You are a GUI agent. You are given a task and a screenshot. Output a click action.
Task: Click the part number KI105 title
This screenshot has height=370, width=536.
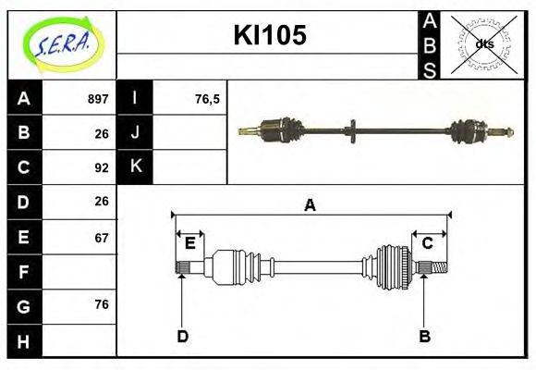click(269, 36)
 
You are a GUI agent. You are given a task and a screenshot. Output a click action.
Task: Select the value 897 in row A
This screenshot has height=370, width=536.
click(98, 99)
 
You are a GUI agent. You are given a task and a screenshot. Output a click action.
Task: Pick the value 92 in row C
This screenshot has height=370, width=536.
click(102, 167)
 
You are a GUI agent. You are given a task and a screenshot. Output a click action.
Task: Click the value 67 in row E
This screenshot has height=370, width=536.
click(102, 237)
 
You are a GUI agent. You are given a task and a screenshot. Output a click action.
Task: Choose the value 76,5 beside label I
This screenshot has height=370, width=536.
click(208, 99)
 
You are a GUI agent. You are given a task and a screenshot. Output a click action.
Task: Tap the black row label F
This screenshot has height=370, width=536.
click(23, 272)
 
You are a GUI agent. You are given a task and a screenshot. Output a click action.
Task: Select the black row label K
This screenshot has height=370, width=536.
click(135, 166)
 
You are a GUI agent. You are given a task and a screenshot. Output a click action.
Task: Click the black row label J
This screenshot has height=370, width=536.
click(135, 132)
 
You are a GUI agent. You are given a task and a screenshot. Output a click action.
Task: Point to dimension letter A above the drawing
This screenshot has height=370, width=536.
click(311, 205)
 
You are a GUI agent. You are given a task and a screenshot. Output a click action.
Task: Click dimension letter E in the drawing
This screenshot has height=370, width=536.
click(189, 243)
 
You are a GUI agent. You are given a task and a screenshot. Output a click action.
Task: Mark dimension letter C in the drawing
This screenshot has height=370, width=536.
click(428, 243)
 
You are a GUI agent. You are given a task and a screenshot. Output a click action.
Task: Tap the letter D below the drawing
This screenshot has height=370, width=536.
click(182, 336)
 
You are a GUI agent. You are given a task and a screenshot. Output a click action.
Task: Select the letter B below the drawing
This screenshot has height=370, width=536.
click(424, 336)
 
